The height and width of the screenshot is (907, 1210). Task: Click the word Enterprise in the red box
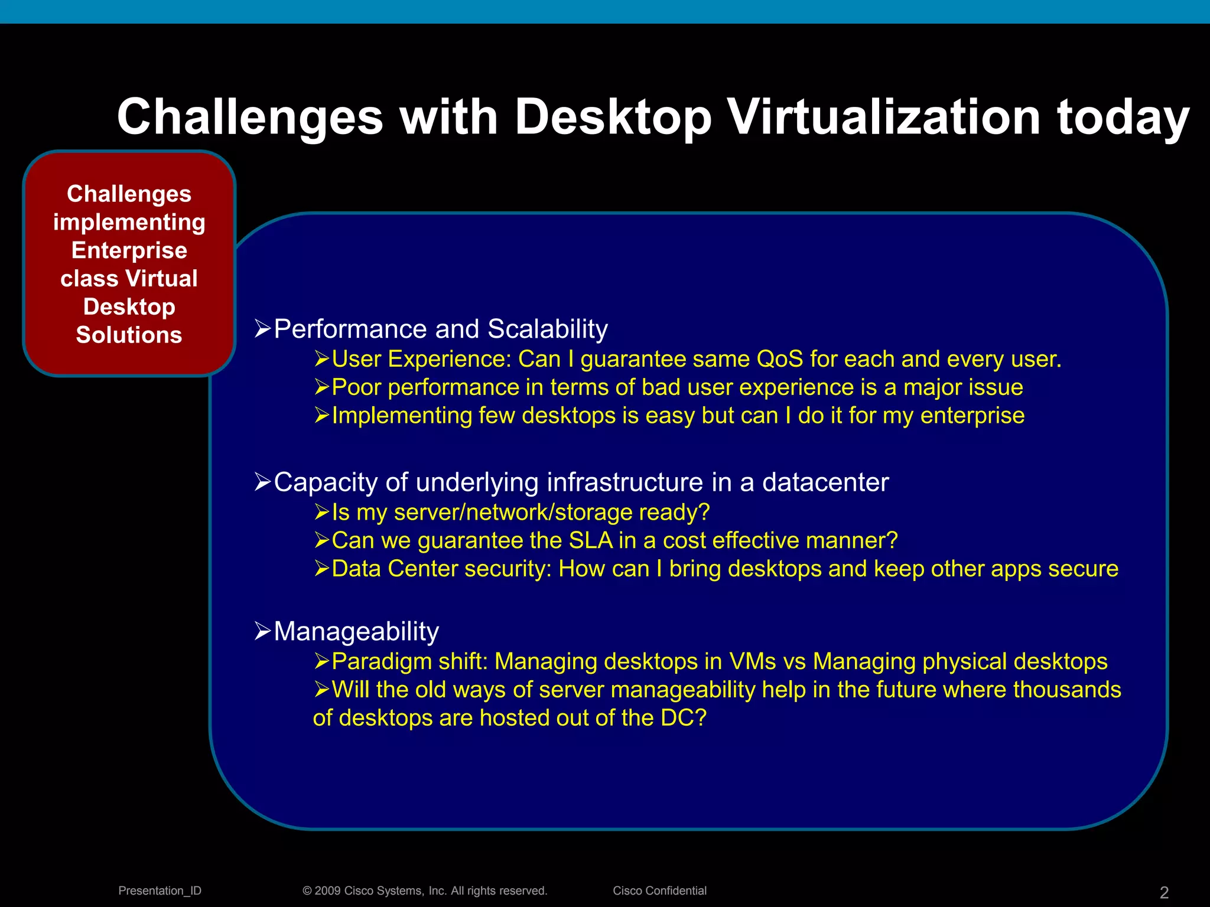point(129,250)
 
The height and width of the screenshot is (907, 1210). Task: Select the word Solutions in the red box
point(129,335)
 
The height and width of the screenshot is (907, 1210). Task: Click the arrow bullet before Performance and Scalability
point(262,328)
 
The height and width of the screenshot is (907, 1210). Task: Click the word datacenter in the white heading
point(825,482)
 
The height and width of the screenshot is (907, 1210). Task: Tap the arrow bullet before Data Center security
point(321,569)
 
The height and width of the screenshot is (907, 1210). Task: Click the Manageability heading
point(356,631)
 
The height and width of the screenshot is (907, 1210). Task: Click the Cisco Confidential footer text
point(659,890)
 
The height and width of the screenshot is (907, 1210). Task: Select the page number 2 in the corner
point(1164,892)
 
